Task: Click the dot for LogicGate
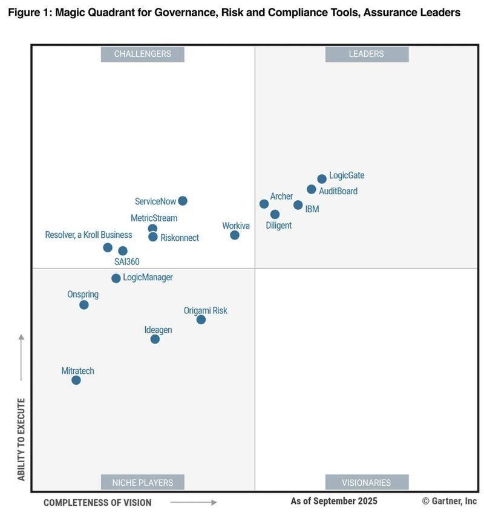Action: [x=322, y=179]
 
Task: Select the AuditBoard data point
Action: [x=312, y=189]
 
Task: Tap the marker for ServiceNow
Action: [x=183, y=201]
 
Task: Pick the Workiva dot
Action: [x=235, y=235]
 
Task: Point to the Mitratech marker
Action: [x=76, y=381]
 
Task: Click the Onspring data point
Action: [x=84, y=305]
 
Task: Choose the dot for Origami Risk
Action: [x=201, y=319]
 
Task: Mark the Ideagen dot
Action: [x=155, y=339]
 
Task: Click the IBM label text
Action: [x=312, y=209]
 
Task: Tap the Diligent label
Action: [x=278, y=226]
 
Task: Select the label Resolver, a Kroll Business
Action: [x=88, y=235]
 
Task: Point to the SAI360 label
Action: [x=127, y=262]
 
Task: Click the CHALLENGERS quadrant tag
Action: [x=143, y=54]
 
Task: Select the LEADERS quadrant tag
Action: [x=367, y=54]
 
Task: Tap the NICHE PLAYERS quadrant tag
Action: [x=143, y=482]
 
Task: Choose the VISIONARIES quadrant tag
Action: [x=367, y=482]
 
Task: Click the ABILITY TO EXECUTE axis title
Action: [x=21, y=439]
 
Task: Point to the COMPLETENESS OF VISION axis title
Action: [x=97, y=502]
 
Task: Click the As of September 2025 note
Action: [x=334, y=501]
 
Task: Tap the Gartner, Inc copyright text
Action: [x=450, y=501]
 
